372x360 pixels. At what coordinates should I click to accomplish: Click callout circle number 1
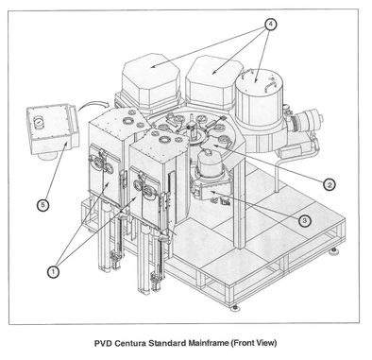[x=53, y=271]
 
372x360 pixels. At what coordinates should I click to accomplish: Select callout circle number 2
[x=330, y=184]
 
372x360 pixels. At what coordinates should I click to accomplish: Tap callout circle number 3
[x=304, y=221]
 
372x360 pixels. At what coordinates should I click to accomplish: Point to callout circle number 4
[x=271, y=25]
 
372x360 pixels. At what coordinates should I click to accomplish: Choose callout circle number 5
[x=42, y=205]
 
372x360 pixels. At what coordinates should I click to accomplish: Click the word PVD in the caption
[x=103, y=343]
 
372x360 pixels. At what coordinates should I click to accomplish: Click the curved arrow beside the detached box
[x=93, y=105]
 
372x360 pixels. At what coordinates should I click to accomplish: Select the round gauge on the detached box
[x=39, y=122]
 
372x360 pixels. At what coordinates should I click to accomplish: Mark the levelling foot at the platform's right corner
[x=333, y=251]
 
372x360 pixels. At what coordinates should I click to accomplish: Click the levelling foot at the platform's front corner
[x=234, y=308]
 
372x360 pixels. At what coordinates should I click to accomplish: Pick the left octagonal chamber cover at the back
[x=150, y=80]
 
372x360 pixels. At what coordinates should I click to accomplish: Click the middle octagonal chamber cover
[x=214, y=80]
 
